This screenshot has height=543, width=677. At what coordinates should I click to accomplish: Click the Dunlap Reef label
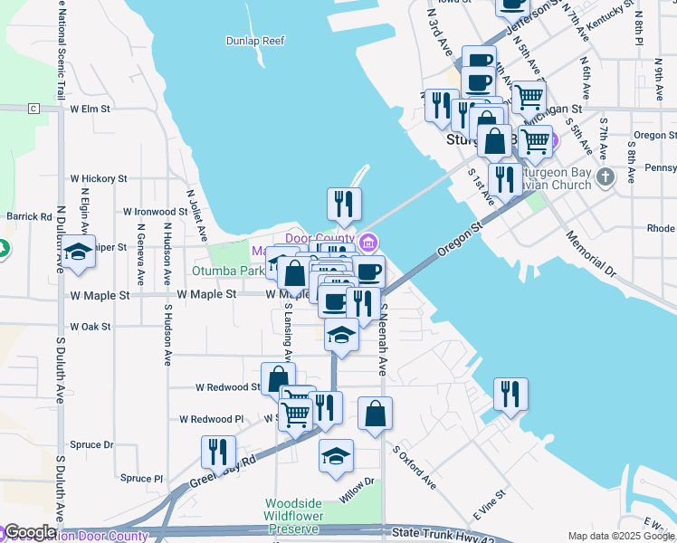254,40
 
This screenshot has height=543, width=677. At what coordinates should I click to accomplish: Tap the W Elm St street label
90,109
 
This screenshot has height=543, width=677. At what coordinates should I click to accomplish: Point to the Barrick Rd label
30,216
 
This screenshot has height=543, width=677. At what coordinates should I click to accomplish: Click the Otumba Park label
227,270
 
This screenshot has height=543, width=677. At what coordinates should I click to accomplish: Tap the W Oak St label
90,327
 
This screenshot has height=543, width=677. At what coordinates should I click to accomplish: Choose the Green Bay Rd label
223,473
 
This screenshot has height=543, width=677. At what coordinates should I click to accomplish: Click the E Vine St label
488,506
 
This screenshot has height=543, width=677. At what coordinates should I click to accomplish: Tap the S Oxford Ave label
415,467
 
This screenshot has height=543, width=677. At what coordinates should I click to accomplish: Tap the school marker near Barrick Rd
79,252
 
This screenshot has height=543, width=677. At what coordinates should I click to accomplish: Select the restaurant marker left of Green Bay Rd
218,451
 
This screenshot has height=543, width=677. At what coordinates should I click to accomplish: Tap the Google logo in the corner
30,532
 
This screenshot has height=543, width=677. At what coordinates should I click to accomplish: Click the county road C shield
34,109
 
